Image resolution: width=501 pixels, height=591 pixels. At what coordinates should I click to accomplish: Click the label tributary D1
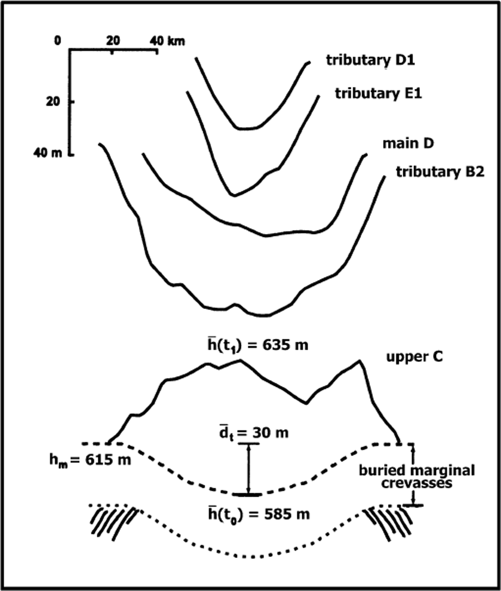[x=370, y=60]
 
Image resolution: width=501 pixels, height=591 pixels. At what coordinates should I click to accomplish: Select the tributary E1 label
[x=378, y=93]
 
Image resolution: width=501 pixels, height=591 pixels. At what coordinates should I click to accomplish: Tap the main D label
[x=408, y=143]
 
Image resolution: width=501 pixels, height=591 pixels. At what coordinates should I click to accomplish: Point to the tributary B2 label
[x=440, y=172]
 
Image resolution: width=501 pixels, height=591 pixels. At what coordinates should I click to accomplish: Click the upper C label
[x=414, y=357]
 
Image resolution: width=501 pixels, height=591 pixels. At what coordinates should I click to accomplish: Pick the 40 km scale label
[x=167, y=41]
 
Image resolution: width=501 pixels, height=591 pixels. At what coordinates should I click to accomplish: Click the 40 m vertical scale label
[x=48, y=153]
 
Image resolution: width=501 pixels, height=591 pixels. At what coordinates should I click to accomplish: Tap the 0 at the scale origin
[x=58, y=41]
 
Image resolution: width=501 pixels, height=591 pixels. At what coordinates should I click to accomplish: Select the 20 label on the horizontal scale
[x=113, y=41]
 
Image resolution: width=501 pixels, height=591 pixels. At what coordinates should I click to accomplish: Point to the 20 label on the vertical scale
[x=53, y=102]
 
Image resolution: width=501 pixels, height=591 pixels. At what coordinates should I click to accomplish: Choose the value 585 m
[x=286, y=514]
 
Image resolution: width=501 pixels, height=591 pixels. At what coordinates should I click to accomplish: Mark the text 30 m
[x=270, y=433]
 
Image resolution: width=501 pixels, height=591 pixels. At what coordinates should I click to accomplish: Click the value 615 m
[x=108, y=460]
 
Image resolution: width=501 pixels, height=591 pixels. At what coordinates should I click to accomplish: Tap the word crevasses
[x=417, y=483]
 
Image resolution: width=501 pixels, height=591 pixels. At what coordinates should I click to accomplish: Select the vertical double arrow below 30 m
[x=249, y=469]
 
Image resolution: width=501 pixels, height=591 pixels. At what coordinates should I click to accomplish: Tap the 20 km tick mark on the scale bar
[x=112, y=52]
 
